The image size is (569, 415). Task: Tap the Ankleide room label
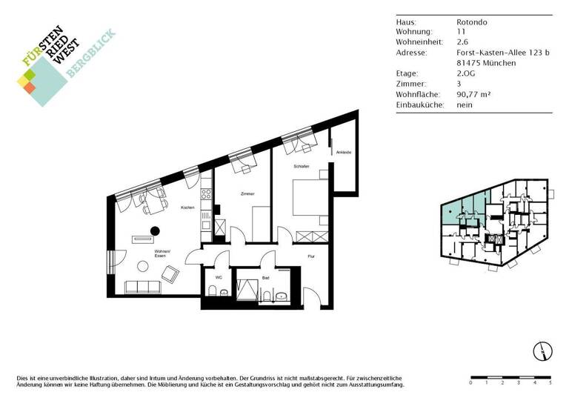[343, 153]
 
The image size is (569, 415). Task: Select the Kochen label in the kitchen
[187, 207]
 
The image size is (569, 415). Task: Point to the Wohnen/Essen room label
[162, 254]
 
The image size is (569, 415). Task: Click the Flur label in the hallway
[312, 256]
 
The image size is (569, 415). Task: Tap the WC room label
[219, 278]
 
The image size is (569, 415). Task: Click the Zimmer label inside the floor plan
[247, 193]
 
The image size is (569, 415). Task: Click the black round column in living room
[156, 230]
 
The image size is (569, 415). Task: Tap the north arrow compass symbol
[541, 351]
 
